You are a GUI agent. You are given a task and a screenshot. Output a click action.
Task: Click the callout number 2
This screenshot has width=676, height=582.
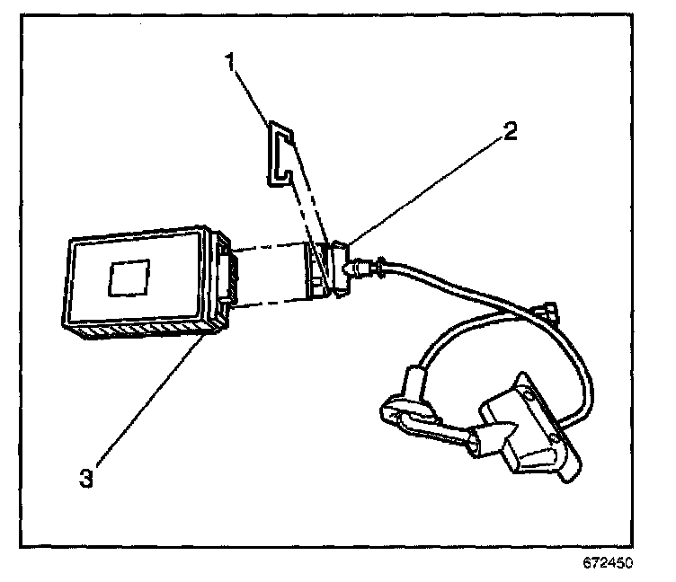point(510,131)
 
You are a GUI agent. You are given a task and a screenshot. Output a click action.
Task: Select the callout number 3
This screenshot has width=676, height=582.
point(86,477)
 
